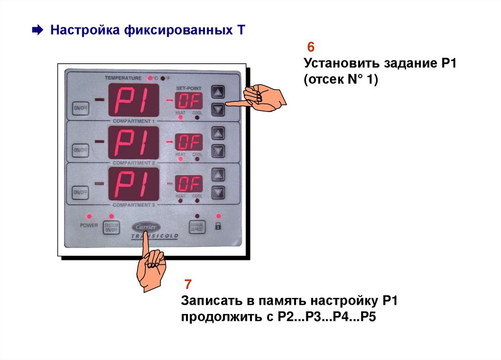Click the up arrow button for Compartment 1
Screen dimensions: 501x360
[x=218, y=91]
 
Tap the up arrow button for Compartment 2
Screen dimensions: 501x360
[x=218, y=133]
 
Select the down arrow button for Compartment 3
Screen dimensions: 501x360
[x=218, y=192]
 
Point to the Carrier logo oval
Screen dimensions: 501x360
[x=145, y=227]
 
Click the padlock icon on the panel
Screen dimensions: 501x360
[x=218, y=226]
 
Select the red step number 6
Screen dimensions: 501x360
[x=310, y=48]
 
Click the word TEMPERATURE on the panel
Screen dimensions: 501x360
[x=123, y=78]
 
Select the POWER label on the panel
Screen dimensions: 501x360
[x=89, y=225]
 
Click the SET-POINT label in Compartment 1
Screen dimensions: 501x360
[x=188, y=87]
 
